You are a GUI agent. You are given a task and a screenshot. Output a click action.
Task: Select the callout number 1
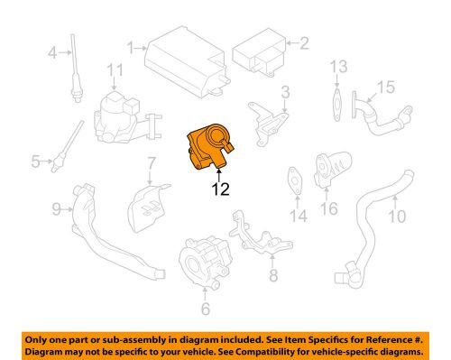pos(132,45)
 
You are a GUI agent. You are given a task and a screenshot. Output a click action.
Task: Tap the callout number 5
pos(35,162)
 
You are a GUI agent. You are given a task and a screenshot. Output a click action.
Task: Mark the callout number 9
pos(55,210)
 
